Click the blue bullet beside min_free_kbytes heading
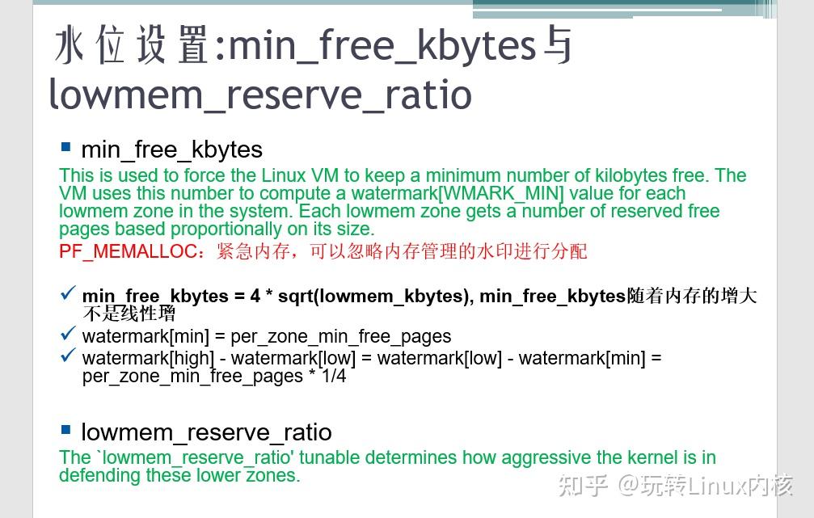pyautogui.click(x=65, y=147)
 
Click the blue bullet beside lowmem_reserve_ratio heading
pyautogui.click(x=65, y=430)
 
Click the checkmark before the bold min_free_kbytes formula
pyautogui.click(x=68, y=293)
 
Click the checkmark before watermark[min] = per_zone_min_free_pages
pyautogui.click(x=68, y=334)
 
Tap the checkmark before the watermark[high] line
pyautogui.click(x=68, y=355)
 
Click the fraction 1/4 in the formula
pyautogui.click(x=332, y=376)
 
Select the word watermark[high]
pyautogui.click(x=148, y=358)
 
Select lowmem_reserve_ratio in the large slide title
pyautogui.click(x=260, y=94)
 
